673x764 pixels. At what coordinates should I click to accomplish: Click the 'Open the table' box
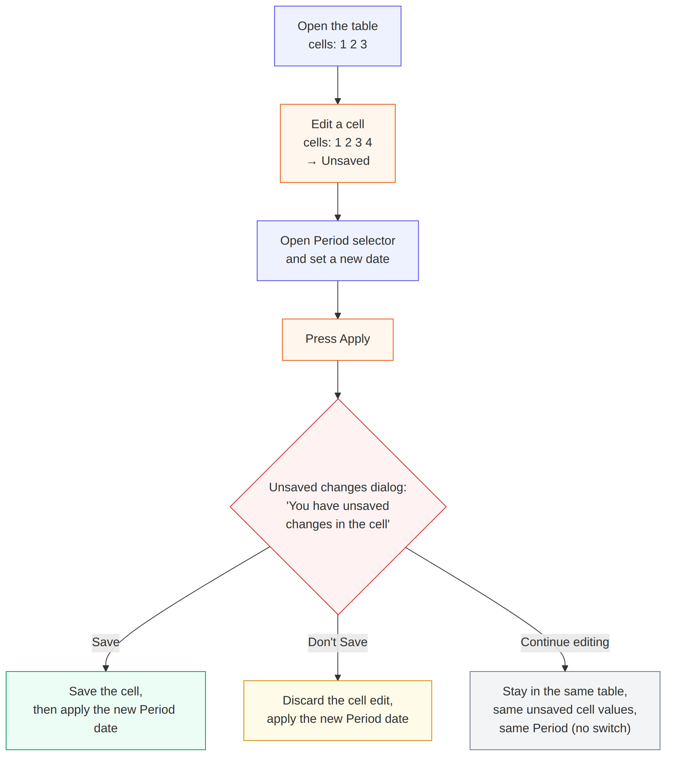point(337,36)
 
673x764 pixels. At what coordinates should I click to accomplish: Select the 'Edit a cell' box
point(337,143)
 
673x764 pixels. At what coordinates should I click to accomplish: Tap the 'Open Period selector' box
point(337,250)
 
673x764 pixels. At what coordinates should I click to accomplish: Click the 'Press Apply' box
point(337,339)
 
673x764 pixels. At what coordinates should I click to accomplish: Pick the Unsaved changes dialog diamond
point(338,506)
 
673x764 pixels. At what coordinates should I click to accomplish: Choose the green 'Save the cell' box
point(106,710)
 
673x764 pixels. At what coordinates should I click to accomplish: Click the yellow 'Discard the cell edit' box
point(337,710)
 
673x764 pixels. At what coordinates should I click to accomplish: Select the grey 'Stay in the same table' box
point(565,710)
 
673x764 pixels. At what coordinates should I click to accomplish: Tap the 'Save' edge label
point(106,642)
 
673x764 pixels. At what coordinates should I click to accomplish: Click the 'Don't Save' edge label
point(337,642)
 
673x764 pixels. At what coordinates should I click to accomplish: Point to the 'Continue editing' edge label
point(565,642)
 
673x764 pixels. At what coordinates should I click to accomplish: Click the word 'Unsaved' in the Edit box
point(345,161)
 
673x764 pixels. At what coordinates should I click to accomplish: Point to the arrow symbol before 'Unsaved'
point(312,162)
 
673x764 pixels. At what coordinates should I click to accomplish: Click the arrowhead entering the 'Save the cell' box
point(106,668)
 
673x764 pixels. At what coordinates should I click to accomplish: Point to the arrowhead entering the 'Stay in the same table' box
point(565,668)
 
